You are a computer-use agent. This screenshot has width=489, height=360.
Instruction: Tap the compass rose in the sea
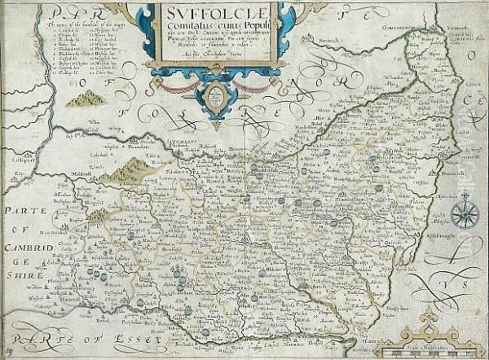pyautogui.click(x=465, y=213)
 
